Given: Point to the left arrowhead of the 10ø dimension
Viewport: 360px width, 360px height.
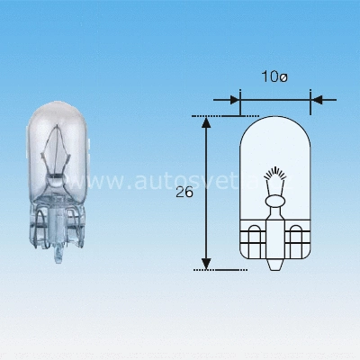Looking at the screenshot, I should coord(236,99).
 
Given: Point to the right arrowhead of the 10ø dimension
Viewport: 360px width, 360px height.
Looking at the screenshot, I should coord(315,99).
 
